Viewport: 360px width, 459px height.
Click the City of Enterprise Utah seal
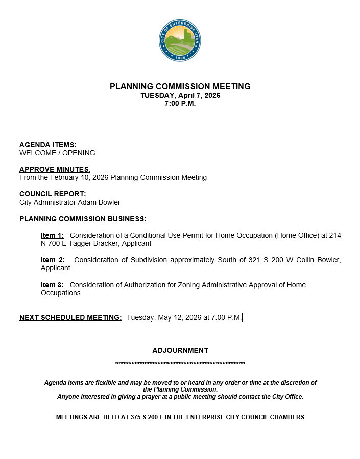(180, 41)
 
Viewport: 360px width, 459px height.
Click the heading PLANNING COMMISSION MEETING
(180, 86)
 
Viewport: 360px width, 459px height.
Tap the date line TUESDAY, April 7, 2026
(180, 95)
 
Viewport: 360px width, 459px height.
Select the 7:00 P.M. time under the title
(180, 103)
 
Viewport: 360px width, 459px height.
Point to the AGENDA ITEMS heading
(48, 145)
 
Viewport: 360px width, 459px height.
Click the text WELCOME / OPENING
(57, 153)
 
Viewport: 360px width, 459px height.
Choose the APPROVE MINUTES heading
(54, 169)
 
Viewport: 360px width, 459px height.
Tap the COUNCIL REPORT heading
(53, 194)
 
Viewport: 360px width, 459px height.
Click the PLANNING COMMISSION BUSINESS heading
(83, 219)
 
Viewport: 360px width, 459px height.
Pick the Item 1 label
(52, 235)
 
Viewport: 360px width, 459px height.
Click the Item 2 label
(53, 260)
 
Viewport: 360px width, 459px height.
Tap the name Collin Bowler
(314, 260)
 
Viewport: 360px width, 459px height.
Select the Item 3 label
(52, 285)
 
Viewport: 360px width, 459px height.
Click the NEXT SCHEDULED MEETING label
(70, 317)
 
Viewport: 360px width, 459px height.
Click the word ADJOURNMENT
(180, 350)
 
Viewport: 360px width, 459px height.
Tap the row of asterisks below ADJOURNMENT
(180, 364)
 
